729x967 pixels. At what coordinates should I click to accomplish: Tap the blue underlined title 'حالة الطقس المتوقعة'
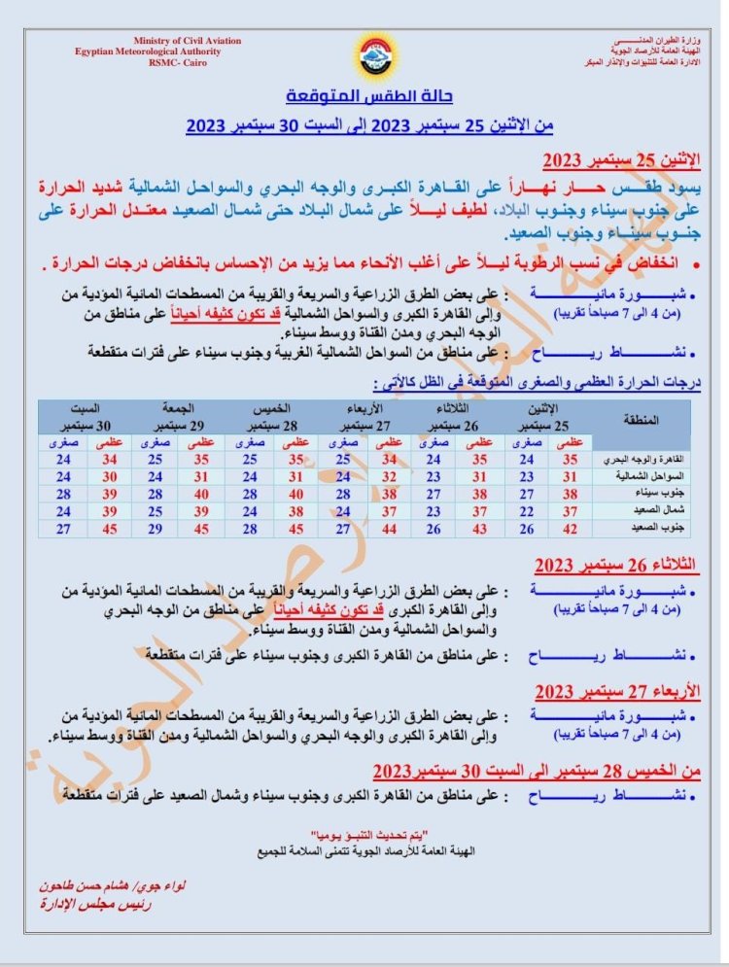pyautogui.click(x=370, y=98)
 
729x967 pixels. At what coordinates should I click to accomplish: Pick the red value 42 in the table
pyautogui.click(x=571, y=528)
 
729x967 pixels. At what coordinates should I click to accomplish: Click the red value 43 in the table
pyautogui.click(x=476, y=528)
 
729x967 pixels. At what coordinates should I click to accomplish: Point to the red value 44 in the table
pyautogui.click(x=389, y=528)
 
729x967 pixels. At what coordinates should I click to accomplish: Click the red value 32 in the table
pyautogui.click(x=389, y=476)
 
